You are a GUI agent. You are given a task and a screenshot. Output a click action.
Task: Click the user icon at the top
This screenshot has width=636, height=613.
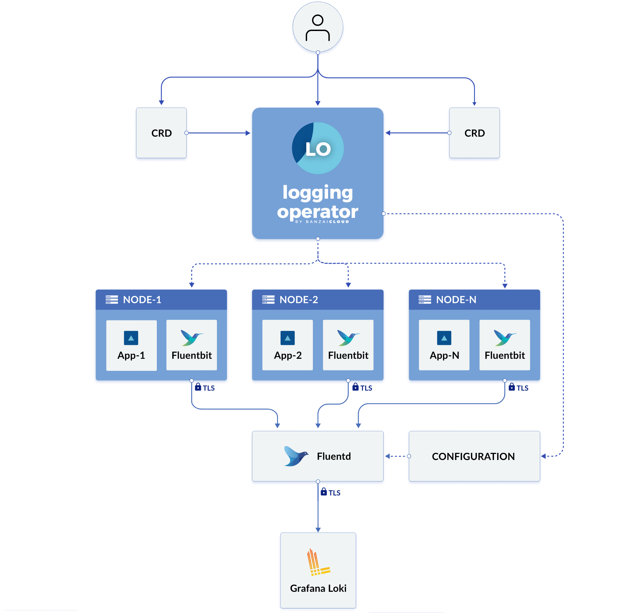(318, 27)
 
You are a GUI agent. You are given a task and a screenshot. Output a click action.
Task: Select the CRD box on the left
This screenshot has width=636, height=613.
(161, 133)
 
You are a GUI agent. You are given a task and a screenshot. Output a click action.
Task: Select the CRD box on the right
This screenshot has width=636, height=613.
(474, 133)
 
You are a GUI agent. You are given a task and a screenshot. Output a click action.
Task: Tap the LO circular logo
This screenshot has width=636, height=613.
(318, 148)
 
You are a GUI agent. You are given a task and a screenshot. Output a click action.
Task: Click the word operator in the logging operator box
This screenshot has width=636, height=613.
(317, 212)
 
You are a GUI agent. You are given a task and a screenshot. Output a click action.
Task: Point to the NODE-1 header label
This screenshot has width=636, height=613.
(142, 299)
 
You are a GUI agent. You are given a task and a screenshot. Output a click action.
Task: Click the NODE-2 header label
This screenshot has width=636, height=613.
(299, 299)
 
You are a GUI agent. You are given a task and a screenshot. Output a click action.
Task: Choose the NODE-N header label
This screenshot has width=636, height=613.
(456, 299)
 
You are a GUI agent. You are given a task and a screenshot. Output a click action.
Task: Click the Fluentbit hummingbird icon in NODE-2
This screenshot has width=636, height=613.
(348, 338)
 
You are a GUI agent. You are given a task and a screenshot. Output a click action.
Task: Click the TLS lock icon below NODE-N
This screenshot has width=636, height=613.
(512, 387)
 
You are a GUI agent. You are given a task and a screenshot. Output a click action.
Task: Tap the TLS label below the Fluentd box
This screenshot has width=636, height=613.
(334, 493)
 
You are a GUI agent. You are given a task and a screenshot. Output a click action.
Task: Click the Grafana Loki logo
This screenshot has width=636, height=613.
(318, 563)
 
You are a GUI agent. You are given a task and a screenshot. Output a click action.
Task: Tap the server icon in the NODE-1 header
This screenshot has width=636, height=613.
(112, 299)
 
